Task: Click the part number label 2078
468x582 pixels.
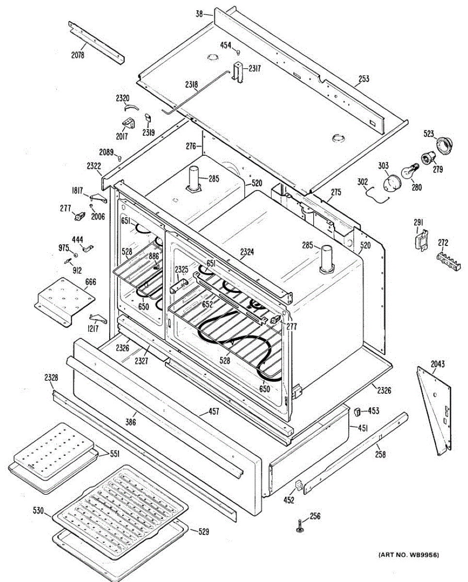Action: (x=78, y=55)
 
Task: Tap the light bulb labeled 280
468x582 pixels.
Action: (x=408, y=172)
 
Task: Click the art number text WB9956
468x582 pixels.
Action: (x=409, y=554)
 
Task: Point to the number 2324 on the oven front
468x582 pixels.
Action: (x=247, y=252)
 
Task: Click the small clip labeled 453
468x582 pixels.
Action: (x=358, y=412)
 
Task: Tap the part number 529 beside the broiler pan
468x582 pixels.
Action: (x=203, y=532)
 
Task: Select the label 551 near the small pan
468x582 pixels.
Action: (x=114, y=453)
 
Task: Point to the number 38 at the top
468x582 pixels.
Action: (x=199, y=14)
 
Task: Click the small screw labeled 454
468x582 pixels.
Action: (x=239, y=52)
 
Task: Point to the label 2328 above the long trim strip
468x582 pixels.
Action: (x=51, y=378)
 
